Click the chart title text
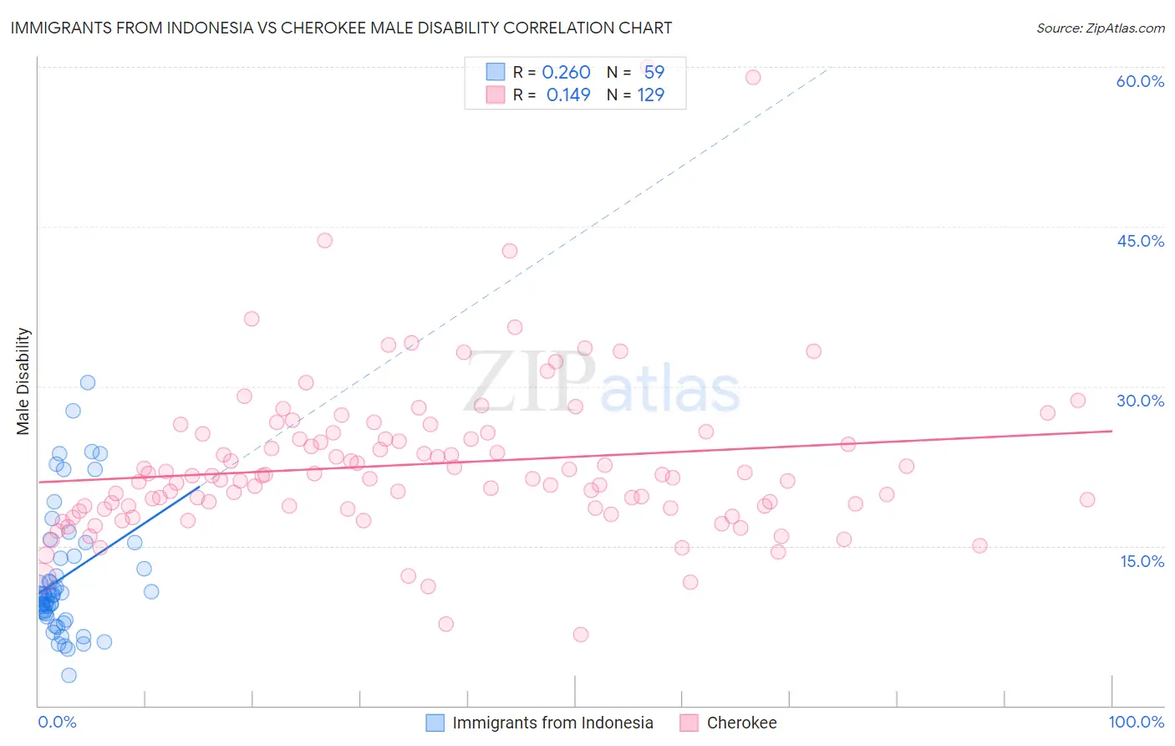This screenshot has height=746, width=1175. coord(341,28)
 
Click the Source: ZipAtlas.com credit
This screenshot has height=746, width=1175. coord(1100,28)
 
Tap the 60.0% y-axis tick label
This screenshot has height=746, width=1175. coord(1140,81)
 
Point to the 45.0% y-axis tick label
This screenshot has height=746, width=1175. coord(1140,241)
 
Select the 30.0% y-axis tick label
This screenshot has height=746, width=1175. coord(1140,401)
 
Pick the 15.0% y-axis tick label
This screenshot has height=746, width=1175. coord(1142,561)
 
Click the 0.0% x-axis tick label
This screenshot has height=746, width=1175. coord(57,722)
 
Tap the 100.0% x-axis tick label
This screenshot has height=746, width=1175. coord(1136,722)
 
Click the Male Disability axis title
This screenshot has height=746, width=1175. coord(23,381)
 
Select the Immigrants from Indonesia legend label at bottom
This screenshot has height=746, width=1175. coord(552,723)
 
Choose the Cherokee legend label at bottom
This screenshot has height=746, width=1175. coord(741,723)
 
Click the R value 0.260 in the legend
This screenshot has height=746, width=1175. coord(566,73)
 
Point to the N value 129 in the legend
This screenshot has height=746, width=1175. coord(651,95)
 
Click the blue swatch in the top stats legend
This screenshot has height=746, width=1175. coord(496,72)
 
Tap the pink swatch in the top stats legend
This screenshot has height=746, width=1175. coord(496,95)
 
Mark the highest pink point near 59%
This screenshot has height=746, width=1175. coord(753,77)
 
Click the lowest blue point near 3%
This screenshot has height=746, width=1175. coord(69,675)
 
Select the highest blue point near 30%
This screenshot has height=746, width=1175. coord(87,382)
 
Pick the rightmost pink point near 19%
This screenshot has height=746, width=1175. coord(1087,499)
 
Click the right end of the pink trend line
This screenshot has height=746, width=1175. coord(1112,431)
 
